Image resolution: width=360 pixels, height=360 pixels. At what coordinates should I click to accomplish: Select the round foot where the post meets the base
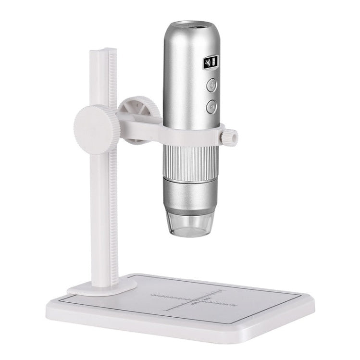[x=99, y=287]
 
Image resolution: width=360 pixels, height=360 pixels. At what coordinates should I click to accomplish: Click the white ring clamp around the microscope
[x=190, y=136]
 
